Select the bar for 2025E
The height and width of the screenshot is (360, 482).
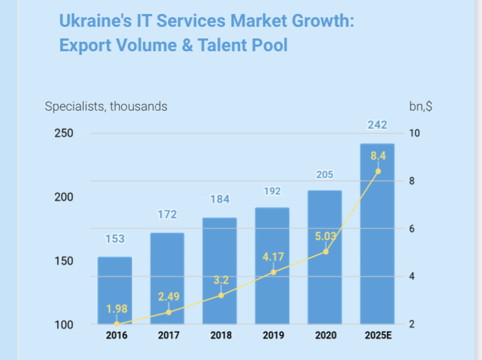[377, 244]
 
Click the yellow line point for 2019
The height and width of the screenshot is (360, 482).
[273, 272]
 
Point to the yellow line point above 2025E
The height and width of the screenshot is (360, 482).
[378, 171]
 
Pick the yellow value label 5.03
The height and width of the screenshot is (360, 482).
[325, 237]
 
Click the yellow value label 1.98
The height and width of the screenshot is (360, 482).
[116, 308]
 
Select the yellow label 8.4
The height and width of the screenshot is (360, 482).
[378, 156]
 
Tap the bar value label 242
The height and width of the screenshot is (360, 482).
[377, 125]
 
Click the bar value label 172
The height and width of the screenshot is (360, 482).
[167, 215]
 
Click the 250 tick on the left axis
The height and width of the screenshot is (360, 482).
[65, 133]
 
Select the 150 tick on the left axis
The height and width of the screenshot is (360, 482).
[65, 261]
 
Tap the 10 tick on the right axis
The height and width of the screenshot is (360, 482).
[414, 133]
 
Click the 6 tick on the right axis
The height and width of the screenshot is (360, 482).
[412, 229]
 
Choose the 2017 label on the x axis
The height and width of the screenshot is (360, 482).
[168, 336]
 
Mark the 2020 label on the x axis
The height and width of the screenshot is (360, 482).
[325, 336]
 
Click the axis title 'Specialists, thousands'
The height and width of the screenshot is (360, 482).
[106, 106]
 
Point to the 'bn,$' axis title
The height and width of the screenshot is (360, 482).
[420, 106]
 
